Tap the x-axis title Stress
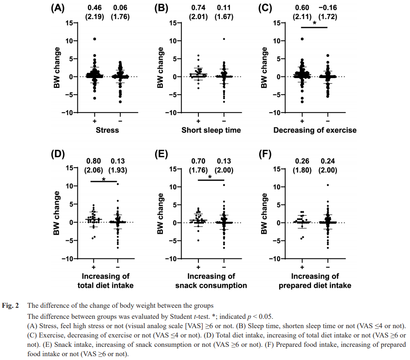coord(107,130)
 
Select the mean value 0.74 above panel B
coord(198,8)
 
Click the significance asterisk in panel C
coord(314,24)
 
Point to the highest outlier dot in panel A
coord(94,39)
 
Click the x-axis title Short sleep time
coord(211,130)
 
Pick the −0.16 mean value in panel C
coord(328,8)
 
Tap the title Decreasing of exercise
coord(315,130)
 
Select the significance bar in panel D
coord(104,182)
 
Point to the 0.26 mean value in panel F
coord(302,162)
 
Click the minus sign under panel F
coord(328,267)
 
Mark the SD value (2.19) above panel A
coord(95,17)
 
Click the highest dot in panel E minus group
coord(224,185)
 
